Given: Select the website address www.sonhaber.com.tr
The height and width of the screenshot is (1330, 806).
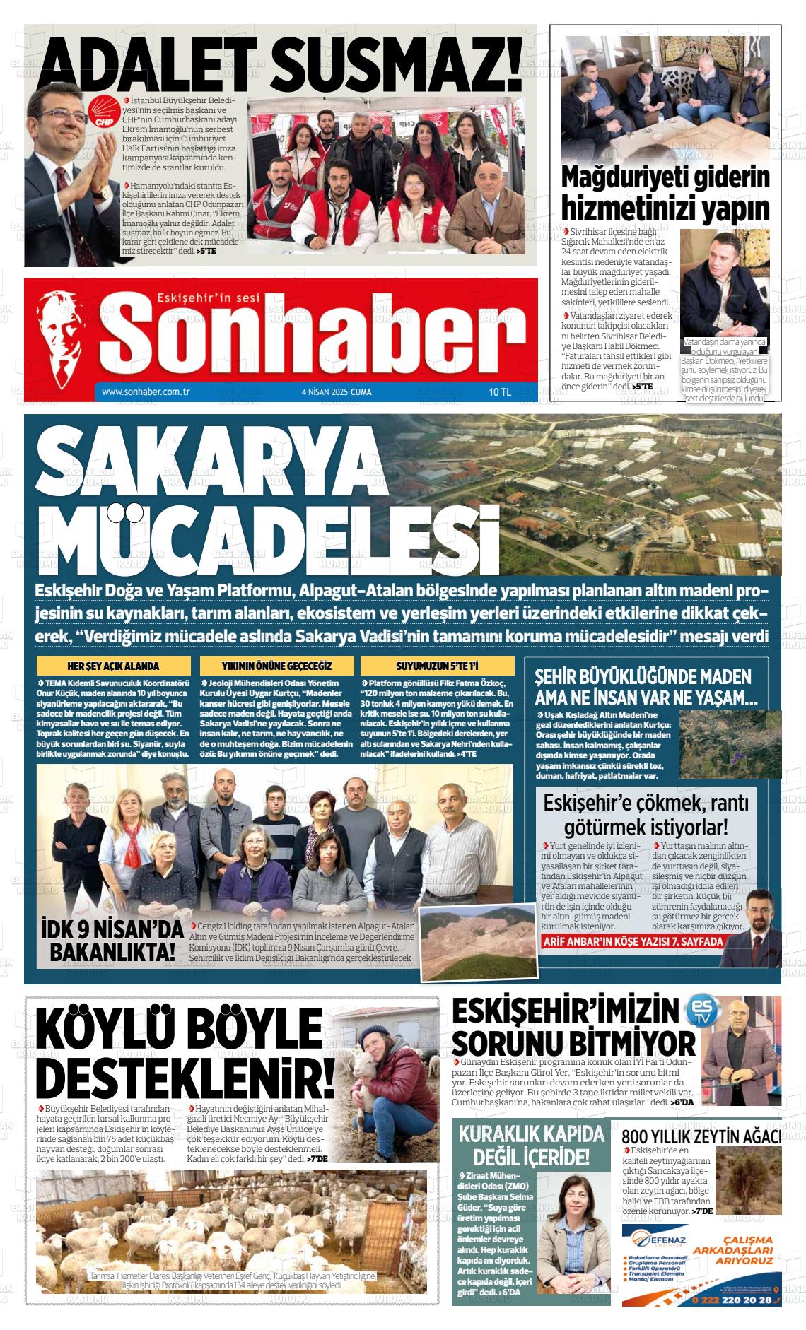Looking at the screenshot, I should click(146, 392).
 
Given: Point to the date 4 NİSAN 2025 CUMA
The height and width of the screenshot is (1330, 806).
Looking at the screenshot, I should click(336, 392).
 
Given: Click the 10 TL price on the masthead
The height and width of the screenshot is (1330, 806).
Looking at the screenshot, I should click(499, 392).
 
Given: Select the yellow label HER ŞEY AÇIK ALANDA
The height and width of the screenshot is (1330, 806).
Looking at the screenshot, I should click(113, 666).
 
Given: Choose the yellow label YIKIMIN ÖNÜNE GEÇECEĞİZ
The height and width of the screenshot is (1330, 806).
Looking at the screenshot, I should click(276, 666).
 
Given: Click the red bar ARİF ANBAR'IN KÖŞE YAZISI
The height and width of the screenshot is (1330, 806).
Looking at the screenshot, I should click(633, 942).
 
